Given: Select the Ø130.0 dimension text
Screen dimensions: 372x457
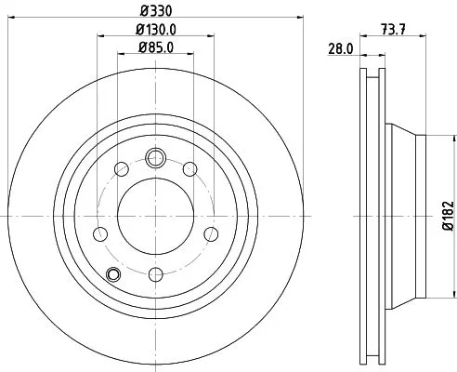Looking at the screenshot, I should coord(155,31).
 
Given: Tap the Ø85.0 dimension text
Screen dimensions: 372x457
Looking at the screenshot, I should coord(155,47).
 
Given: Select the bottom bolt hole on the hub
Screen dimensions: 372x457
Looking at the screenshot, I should coord(155,273).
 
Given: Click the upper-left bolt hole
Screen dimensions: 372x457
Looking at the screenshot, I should coord(120,168).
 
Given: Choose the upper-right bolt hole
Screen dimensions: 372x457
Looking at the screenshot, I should coord(190,168).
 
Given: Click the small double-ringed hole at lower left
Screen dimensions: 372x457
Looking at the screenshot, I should coord(114,273).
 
